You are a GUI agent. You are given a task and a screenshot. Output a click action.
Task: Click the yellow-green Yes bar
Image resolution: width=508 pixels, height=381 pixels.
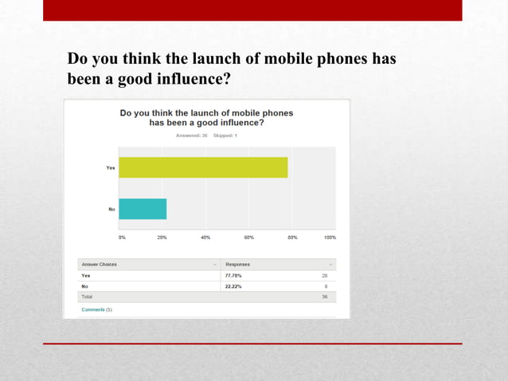click(x=203, y=167)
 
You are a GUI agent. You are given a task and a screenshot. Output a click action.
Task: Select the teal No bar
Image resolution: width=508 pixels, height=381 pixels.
click(x=143, y=209)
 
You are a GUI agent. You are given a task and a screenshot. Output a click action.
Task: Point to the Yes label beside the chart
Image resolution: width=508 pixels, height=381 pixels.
click(x=110, y=167)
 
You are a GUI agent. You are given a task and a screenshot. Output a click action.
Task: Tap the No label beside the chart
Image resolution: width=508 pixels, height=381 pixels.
click(x=111, y=209)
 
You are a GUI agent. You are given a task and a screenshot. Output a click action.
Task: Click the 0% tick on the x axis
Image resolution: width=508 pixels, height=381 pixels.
click(x=122, y=237)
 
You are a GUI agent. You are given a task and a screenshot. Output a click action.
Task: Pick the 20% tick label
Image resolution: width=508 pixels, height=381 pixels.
click(x=162, y=237)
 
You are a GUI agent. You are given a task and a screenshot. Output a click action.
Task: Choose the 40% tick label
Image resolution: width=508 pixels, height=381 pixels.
click(x=205, y=237)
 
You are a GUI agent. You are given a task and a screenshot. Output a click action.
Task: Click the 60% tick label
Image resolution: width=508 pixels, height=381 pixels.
click(x=248, y=237)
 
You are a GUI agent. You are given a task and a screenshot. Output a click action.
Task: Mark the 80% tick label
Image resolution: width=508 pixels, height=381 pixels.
click(x=292, y=237)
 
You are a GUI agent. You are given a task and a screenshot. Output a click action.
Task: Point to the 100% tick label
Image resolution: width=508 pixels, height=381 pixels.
click(x=330, y=237)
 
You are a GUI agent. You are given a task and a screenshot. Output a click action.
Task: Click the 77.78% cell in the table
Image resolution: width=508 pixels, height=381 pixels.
click(x=234, y=275)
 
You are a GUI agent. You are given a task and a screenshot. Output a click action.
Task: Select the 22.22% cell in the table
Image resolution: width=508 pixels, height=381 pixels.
click(x=234, y=285)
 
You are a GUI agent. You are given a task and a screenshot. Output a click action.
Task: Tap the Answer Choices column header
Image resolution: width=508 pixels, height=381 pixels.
click(x=100, y=264)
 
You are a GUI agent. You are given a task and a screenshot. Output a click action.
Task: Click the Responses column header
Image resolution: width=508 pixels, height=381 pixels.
click(x=238, y=264)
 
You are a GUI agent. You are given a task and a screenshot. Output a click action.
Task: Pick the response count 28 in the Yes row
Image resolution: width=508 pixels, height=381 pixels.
click(x=325, y=275)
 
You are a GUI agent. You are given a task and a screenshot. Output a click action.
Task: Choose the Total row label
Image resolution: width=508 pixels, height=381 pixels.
click(x=87, y=297)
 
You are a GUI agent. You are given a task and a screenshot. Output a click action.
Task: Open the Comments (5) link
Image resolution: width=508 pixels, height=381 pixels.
click(x=97, y=309)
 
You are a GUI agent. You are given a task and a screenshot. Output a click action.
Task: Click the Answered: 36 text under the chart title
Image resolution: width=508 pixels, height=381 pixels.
click(x=192, y=136)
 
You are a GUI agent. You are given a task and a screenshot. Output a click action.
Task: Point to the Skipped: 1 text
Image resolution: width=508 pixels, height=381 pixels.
click(x=225, y=136)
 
